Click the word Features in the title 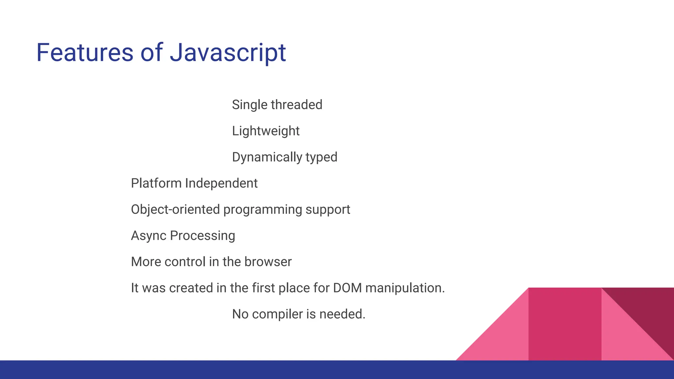(85, 53)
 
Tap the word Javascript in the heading (228, 53)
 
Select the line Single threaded (277, 105)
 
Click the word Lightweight (266, 131)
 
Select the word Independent (221, 183)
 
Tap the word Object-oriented (175, 210)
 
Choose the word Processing (202, 236)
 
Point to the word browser (268, 262)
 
